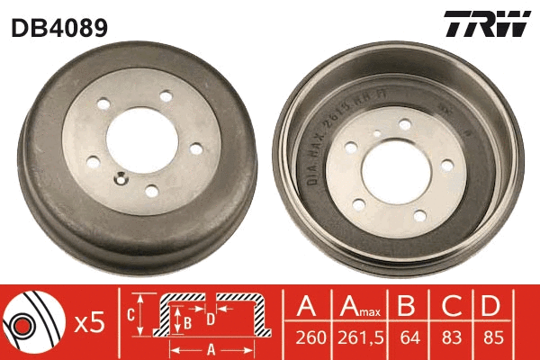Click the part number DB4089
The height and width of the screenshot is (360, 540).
click(x=59, y=28)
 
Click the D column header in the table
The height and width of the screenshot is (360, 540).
click(x=490, y=308)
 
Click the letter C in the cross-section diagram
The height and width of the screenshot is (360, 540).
click(x=131, y=315)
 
